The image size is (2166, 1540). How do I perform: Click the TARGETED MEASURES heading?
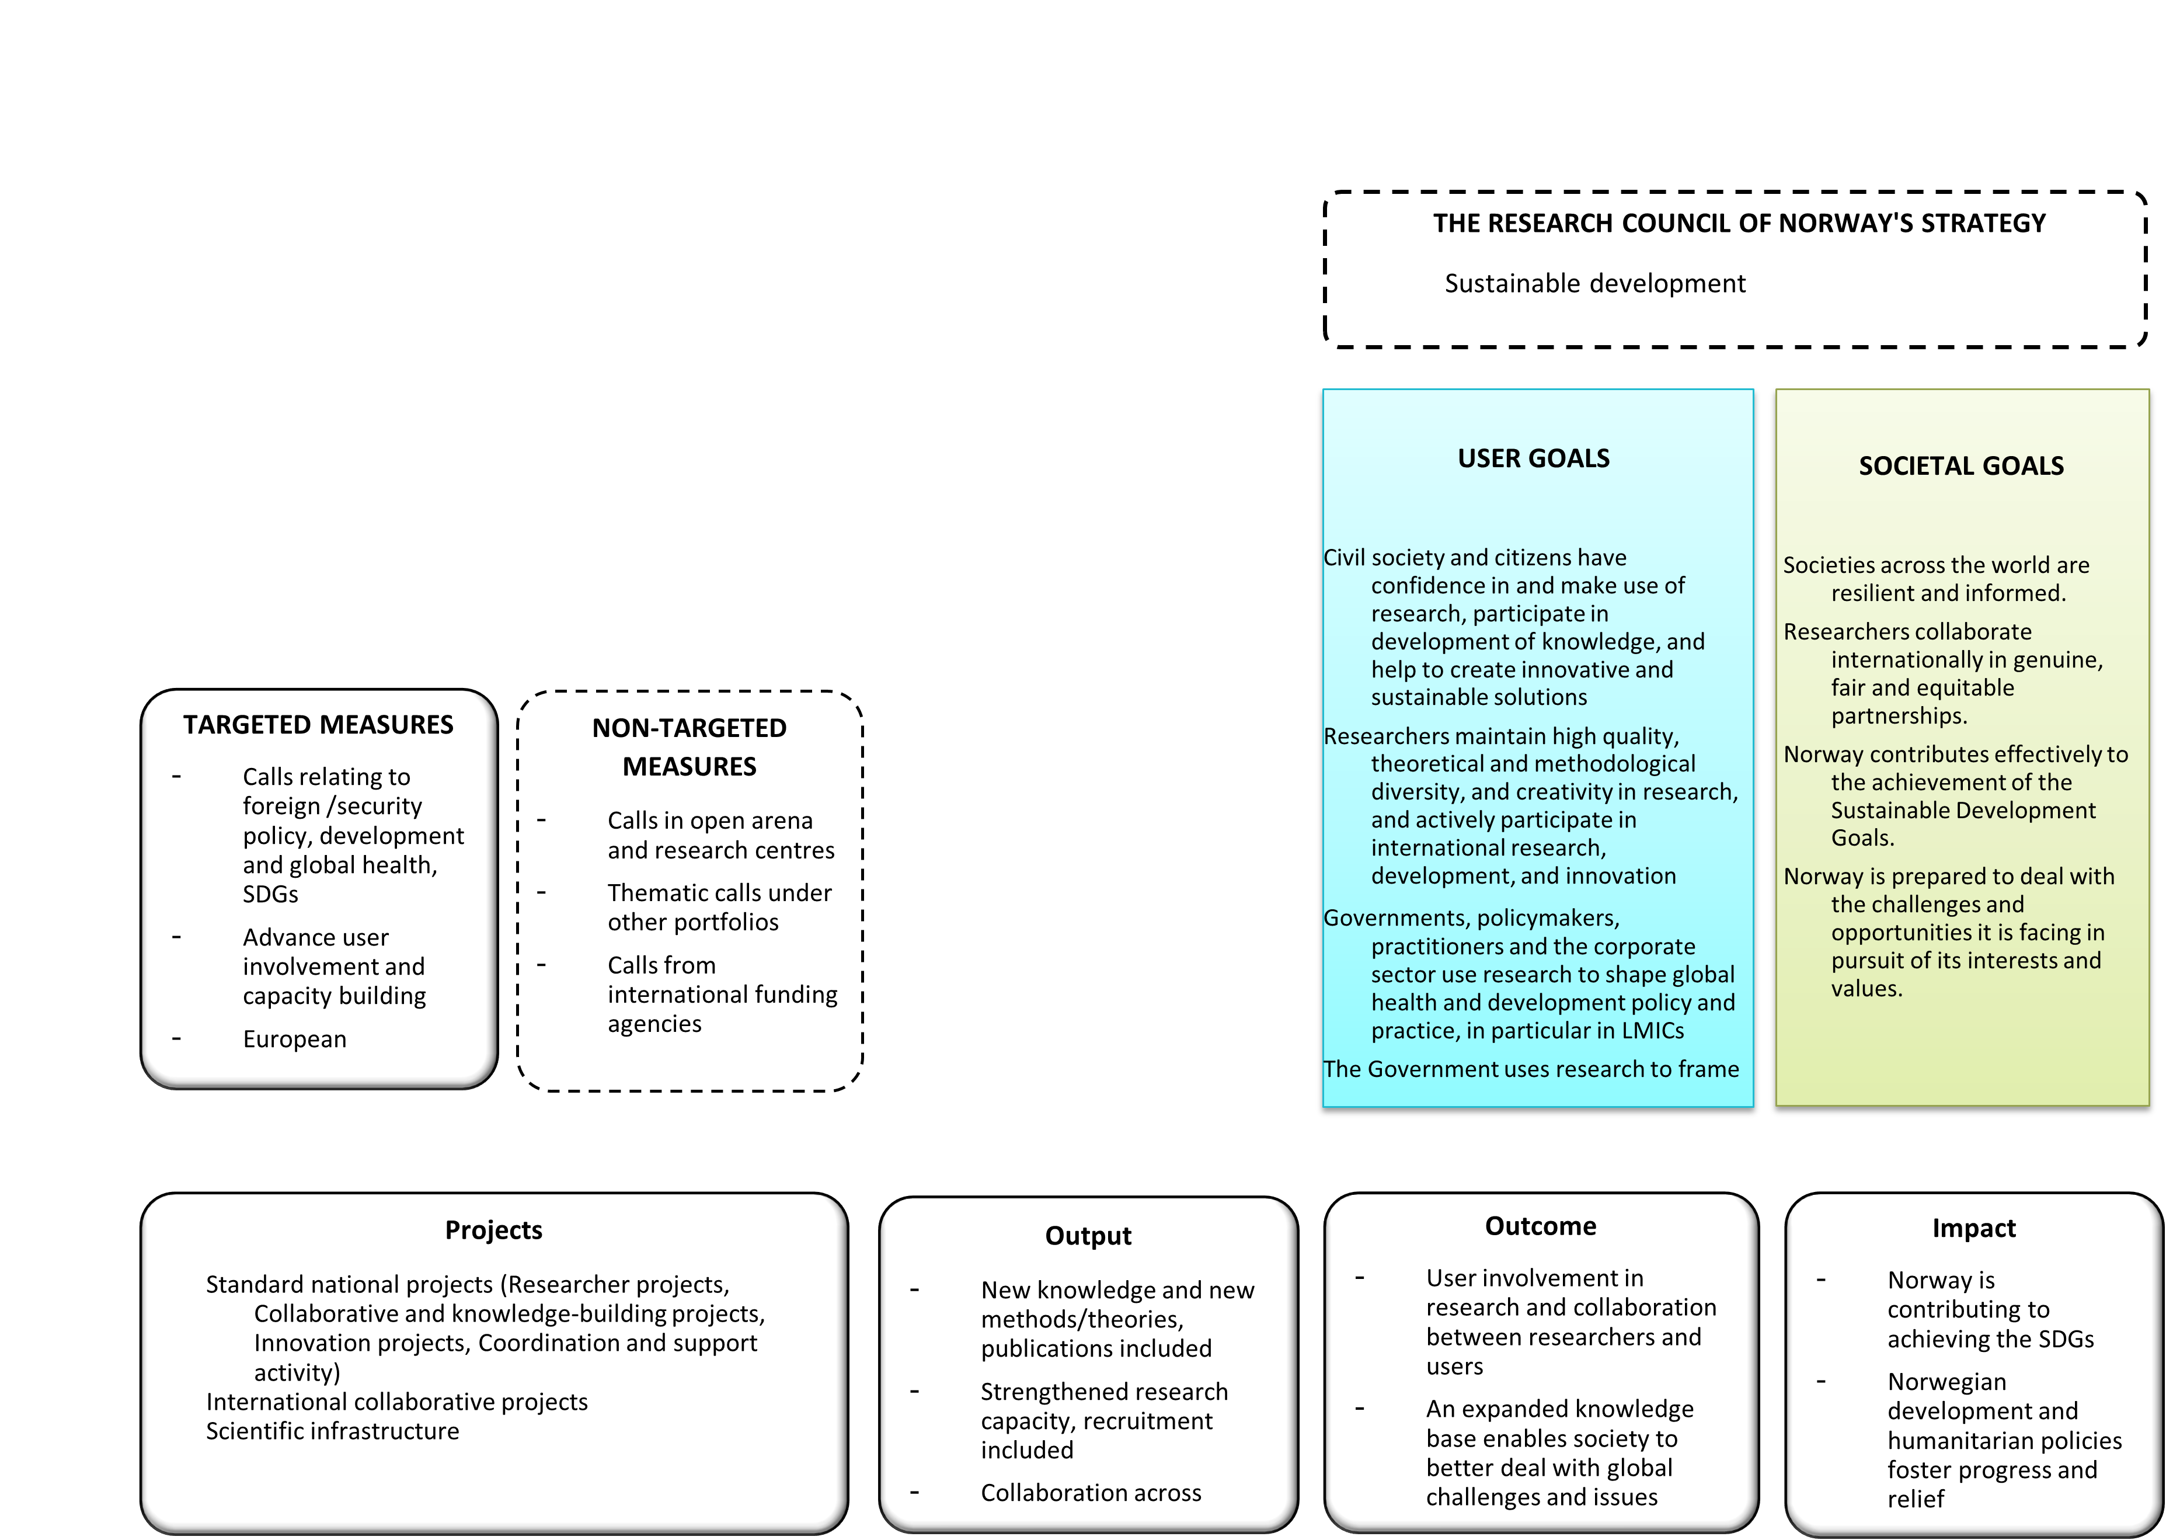(319, 725)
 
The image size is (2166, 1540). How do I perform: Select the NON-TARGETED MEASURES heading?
(689, 748)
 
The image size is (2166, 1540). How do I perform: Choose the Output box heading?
(1088, 1236)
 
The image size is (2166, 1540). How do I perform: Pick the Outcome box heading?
(1540, 1227)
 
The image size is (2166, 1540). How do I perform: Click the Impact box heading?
(1973, 1229)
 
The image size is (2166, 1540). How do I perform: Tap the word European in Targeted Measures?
(295, 1040)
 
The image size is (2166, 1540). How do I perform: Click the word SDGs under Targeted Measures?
(270, 894)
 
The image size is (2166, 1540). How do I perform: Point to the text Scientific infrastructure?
(333, 1431)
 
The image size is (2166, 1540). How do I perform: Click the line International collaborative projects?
(397, 1402)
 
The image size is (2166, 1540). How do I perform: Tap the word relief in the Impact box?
(1915, 1499)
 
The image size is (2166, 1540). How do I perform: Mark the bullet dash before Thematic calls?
(541, 892)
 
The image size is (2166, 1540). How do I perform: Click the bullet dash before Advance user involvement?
(176, 937)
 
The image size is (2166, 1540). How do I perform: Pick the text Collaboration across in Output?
(1091, 1493)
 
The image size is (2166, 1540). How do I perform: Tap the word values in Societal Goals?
(1865, 989)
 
